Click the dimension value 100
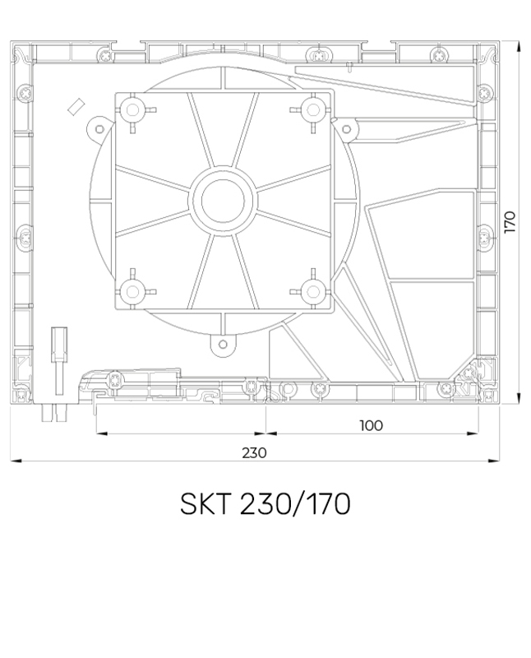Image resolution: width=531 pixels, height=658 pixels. click(372, 424)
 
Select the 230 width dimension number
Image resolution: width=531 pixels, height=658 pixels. click(254, 452)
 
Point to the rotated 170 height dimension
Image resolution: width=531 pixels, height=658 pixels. click(510, 222)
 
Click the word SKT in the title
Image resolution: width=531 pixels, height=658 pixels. click(207, 504)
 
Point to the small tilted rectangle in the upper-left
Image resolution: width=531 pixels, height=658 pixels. click(76, 105)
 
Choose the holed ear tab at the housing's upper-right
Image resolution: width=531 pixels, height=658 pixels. click(347, 129)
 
